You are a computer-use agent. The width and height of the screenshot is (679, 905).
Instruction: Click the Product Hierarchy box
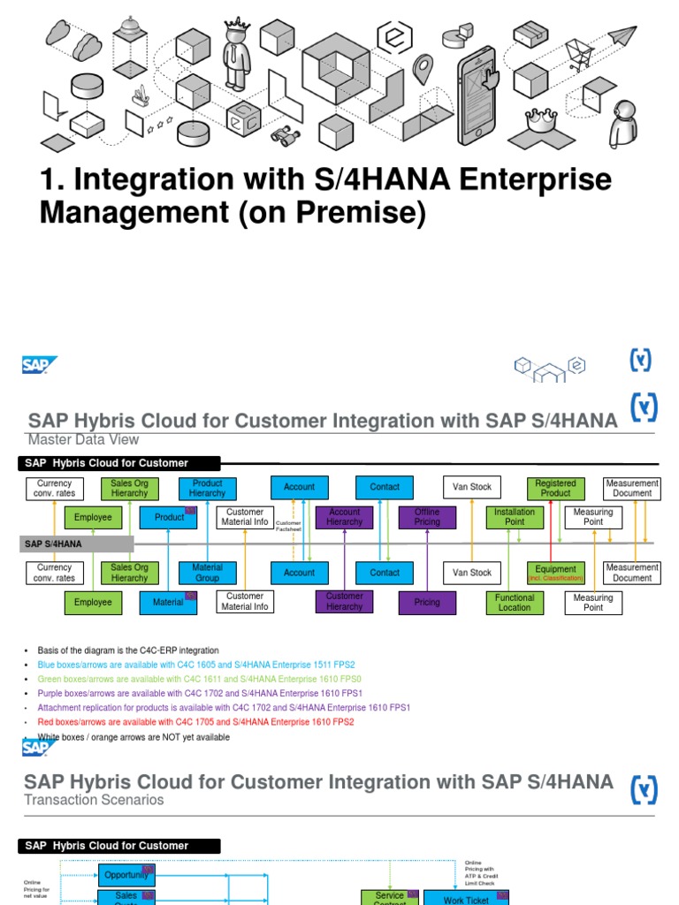[207, 488]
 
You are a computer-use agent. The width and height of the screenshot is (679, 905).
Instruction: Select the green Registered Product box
[555, 488]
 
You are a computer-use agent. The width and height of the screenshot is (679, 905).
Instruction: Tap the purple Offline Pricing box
[426, 517]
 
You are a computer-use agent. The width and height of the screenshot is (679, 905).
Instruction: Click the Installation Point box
[515, 517]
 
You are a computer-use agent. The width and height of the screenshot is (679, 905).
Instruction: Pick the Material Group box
[207, 573]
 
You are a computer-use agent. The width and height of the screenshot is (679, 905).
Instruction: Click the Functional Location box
[515, 602]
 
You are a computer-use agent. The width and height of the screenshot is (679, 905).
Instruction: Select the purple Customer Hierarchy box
[344, 602]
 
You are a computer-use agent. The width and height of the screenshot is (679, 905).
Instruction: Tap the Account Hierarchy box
[344, 517]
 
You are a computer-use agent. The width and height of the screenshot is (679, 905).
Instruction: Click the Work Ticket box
[465, 898]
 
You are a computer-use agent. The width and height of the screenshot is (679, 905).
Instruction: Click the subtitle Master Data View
[83, 440]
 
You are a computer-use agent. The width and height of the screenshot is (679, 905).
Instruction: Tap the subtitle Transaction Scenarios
[94, 800]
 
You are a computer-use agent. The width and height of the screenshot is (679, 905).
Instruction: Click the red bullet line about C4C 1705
[195, 722]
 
